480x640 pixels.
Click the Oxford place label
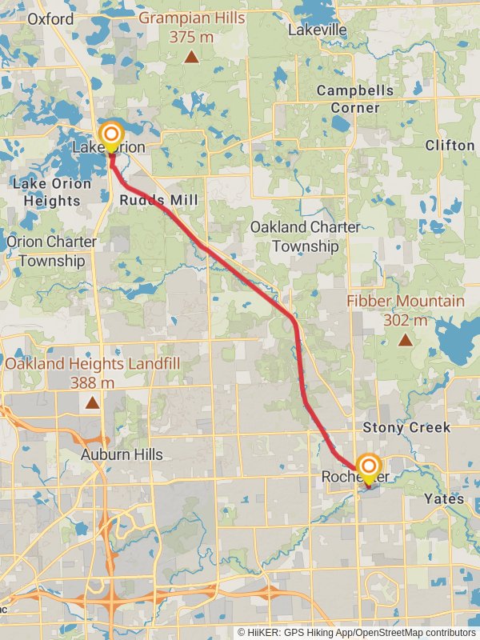[x=50, y=18]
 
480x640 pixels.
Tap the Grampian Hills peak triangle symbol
[x=191, y=56]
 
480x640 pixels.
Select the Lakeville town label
[x=318, y=30]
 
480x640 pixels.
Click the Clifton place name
[x=450, y=145]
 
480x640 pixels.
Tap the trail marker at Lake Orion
[x=110, y=134]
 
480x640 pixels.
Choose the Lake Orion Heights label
[x=46, y=192]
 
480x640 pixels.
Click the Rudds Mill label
[x=159, y=199]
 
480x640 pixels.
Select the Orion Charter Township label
[x=51, y=251]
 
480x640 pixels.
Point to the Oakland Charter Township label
[x=305, y=237]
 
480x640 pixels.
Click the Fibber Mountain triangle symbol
[x=406, y=340]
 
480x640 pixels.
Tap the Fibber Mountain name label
[x=405, y=302]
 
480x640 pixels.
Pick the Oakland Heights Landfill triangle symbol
[x=94, y=402]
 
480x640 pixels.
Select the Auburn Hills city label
[x=122, y=454]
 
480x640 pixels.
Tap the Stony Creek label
[x=406, y=427]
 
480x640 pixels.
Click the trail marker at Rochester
[x=368, y=467]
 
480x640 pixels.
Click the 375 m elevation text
[x=191, y=36]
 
